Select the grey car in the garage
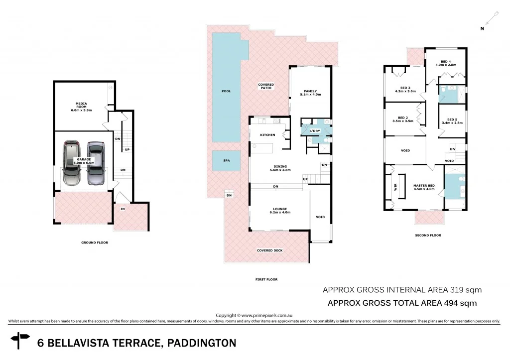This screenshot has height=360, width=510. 96,163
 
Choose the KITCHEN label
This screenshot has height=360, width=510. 267,135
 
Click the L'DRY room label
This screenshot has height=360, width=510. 314,130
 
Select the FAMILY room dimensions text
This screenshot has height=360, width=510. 311,95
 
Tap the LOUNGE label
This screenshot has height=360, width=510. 280,209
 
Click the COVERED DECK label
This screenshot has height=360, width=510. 269,250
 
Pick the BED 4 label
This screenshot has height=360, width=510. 445,61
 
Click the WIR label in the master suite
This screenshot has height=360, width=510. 396,188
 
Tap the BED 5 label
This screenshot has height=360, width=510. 452,120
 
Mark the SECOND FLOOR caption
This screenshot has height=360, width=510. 428,235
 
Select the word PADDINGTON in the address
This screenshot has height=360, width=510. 201,343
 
